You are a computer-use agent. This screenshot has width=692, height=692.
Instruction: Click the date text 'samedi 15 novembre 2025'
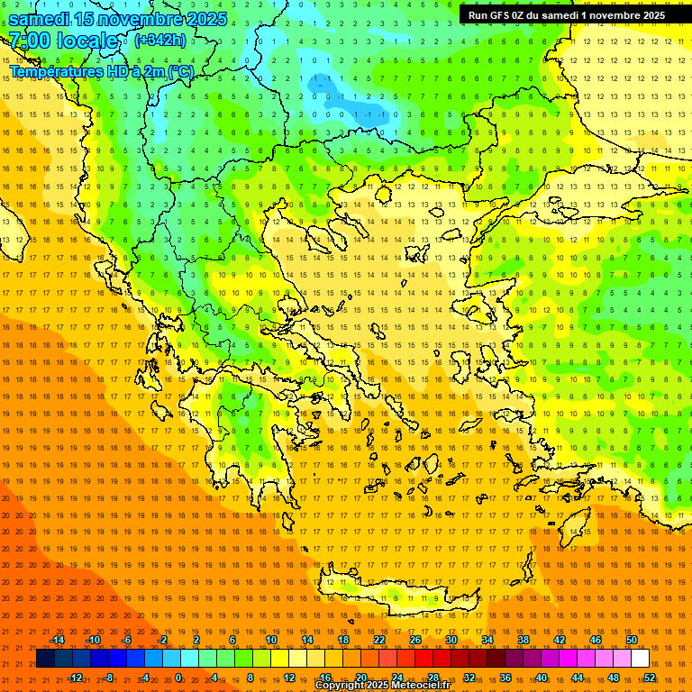(x=117, y=18)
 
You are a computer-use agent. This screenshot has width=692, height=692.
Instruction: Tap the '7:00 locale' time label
(x=63, y=41)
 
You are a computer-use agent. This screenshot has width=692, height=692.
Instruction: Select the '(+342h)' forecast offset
(x=160, y=40)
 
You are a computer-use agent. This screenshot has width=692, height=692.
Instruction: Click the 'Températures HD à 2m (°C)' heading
(x=101, y=70)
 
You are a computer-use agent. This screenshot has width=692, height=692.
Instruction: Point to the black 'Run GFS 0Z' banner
(x=567, y=14)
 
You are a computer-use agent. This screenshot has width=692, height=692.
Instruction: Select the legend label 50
(x=632, y=640)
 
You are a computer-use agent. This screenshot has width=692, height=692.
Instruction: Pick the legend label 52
(x=650, y=677)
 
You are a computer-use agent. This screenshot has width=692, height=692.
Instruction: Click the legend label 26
(x=415, y=640)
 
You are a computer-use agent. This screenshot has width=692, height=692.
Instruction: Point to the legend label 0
(x=178, y=677)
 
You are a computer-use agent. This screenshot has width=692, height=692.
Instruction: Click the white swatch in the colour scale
(x=640, y=659)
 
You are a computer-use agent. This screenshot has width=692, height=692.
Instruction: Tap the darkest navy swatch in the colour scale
(x=45, y=659)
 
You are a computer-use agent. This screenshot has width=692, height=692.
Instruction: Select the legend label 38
(x=524, y=640)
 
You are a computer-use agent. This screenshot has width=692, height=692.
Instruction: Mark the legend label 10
(x=271, y=640)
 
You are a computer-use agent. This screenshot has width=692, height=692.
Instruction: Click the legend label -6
(x=127, y=640)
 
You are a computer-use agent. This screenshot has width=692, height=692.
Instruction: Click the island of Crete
(x=396, y=595)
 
